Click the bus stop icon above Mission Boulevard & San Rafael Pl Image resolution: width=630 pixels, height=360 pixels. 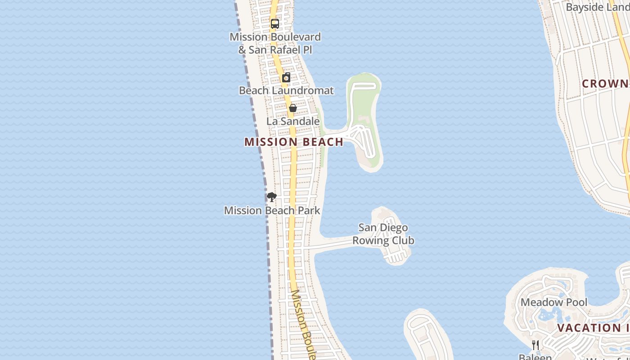(275, 24)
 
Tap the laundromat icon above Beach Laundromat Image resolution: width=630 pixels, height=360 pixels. (286, 77)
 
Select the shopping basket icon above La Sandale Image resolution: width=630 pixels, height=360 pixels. (292, 108)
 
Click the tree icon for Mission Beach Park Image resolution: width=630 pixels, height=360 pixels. (271, 197)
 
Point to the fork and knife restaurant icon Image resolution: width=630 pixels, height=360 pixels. (535, 345)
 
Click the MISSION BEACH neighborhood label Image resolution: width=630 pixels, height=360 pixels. (294, 142)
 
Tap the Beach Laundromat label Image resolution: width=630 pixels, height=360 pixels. (286, 90)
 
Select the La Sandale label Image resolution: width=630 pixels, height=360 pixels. (293, 121)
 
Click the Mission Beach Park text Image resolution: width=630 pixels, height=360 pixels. (272, 210)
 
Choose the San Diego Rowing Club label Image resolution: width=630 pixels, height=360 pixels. (383, 234)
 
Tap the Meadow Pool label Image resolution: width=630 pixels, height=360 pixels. (554, 302)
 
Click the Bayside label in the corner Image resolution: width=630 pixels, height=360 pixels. (597, 8)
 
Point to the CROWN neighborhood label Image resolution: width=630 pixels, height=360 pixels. (605, 84)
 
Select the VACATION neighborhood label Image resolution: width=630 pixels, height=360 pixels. (593, 328)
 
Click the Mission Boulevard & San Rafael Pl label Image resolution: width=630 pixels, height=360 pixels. (275, 43)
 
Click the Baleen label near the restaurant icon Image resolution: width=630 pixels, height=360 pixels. (535, 357)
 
